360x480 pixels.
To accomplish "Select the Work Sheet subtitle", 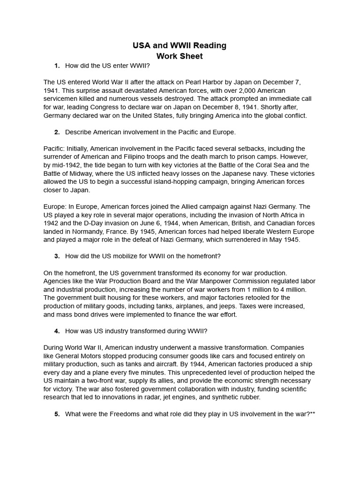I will point(180,56).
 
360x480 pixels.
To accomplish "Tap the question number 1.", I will point(57,66).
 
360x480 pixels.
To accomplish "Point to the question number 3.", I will point(57,256).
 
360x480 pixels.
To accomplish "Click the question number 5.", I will point(57,414).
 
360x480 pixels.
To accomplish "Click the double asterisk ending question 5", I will point(312,414).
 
